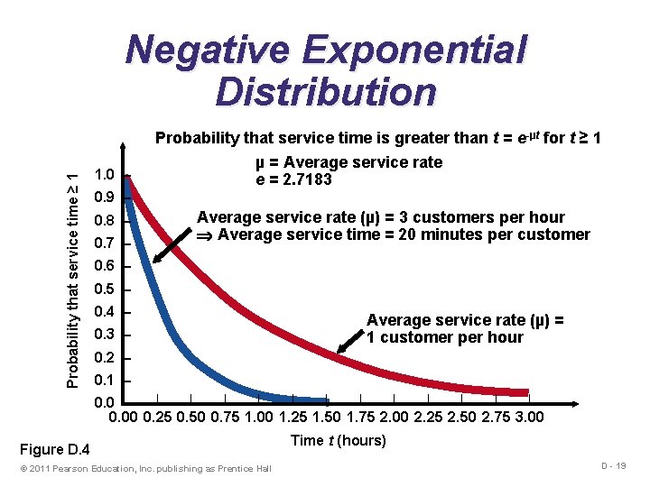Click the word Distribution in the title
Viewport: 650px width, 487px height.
pyautogui.click(x=326, y=92)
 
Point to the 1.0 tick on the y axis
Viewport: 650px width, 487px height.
pyautogui.click(x=105, y=175)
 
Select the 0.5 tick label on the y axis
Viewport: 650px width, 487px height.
pyautogui.click(x=105, y=289)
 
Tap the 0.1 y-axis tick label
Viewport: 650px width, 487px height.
pyautogui.click(x=105, y=381)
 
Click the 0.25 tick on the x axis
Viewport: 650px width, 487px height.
pyautogui.click(x=159, y=417)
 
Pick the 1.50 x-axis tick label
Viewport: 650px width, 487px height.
pyautogui.click(x=327, y=417)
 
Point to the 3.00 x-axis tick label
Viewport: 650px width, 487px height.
pyautogui.click(x=528, y=417)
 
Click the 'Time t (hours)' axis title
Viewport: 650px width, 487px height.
pyautogui.click(x=339, y=440)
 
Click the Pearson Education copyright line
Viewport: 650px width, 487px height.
pyautogui.click(x=144, y=468)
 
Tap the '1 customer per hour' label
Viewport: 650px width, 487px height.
pyautogui.click(x=444, y=337)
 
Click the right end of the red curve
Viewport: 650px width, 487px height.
pyautogui.click(x=525, y=392)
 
